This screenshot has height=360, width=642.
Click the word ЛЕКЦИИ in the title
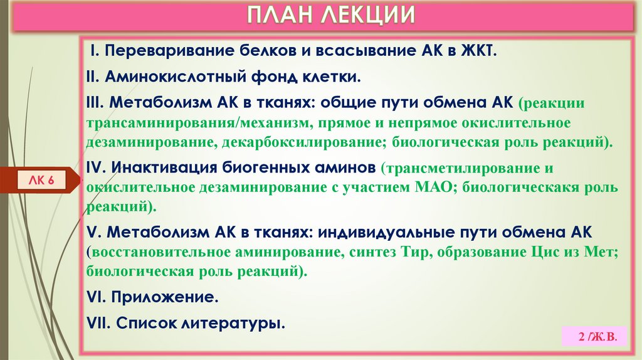[x=368, y=15]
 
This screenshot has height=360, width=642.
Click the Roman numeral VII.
[x=98, y=324]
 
